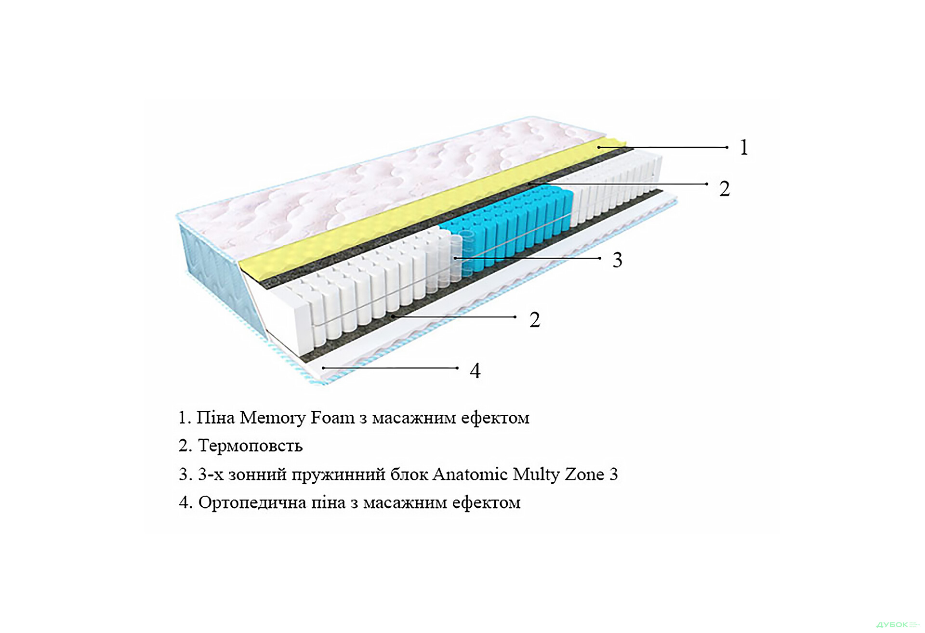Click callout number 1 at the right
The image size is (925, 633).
pos(744,147)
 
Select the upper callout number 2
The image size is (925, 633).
pos(724,188)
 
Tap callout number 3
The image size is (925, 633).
pos(617,260)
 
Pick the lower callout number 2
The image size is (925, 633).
pos(535,320)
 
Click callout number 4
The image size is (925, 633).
pos(475,371)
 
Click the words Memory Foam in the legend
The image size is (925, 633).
pos(297,418)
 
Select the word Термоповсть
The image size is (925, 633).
pos(250,446)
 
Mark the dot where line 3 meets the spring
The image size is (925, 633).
pos(455,258)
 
